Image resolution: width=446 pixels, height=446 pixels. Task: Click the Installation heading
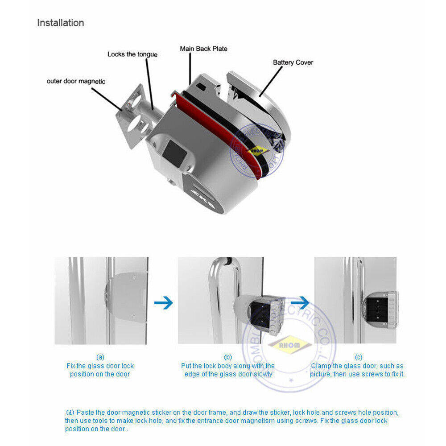[x=60, y=23]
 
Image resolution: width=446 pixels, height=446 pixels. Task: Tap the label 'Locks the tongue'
[x=132, y=54]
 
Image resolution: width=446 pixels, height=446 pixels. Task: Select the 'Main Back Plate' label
[x=203, y=48]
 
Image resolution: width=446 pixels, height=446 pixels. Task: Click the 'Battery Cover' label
[x=293, y=62]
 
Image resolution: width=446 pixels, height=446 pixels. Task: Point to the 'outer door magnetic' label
[x=76, y=81]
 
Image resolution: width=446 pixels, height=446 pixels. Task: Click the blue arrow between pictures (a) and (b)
[x=163, y=303]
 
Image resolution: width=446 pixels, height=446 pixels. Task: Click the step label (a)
[x=100, y=357]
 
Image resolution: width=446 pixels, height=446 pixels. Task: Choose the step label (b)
[x=228, y=357]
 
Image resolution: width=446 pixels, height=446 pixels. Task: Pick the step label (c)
[x=358, y=357]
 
